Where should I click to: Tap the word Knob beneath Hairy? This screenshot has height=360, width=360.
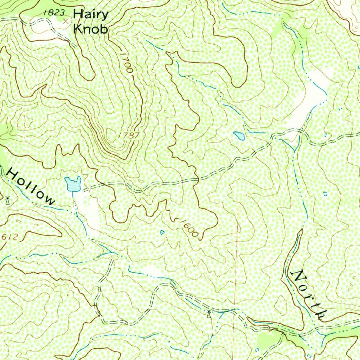[x=90, y=29]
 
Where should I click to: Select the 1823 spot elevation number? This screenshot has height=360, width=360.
[x=54, y=13]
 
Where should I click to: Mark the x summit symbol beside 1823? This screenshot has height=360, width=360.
[x=65, y=21]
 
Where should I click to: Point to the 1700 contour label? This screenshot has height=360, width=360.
[x=126, y=62]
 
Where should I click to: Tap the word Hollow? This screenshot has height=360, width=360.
[x=31, y=186]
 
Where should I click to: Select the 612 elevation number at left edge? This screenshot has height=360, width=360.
[x=9, y=237]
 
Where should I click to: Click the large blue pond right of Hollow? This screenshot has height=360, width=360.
[x=73, y=184]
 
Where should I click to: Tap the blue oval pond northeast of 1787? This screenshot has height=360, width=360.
[x=239, y=135]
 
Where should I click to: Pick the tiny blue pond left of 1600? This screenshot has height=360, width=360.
[x=162, y=232]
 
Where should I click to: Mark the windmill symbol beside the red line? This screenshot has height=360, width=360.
[x=209, y=313]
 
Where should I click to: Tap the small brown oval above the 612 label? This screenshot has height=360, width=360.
[x=18, y=221]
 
